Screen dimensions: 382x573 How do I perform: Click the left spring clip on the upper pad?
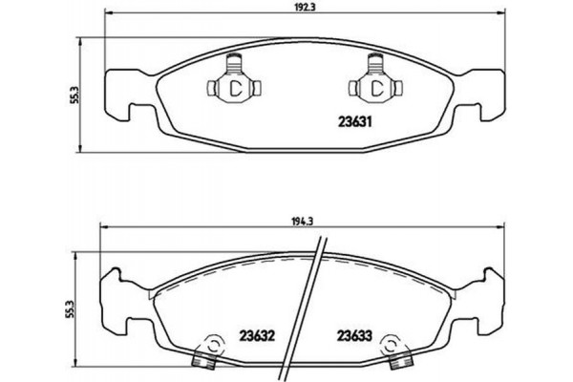[231, 85]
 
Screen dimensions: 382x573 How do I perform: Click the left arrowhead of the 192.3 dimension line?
[107, 13]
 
